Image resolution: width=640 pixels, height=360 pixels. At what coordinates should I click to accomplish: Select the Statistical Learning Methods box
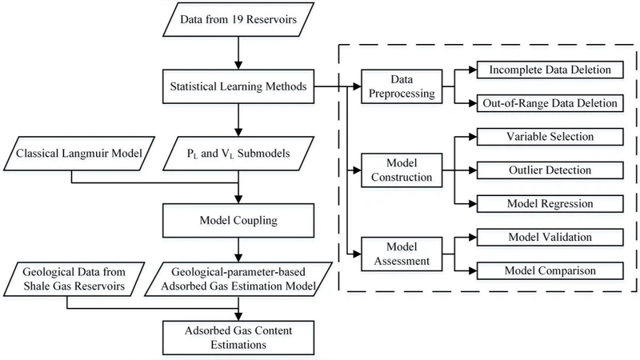point(238,86)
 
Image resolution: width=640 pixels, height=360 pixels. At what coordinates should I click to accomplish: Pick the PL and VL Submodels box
point(238,152)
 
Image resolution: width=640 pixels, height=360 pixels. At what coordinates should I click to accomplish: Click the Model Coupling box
point(238,216)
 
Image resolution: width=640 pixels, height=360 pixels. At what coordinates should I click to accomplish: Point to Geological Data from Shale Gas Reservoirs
point(72,278)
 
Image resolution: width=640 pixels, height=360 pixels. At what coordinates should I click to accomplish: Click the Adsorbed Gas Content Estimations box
point(238,336)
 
